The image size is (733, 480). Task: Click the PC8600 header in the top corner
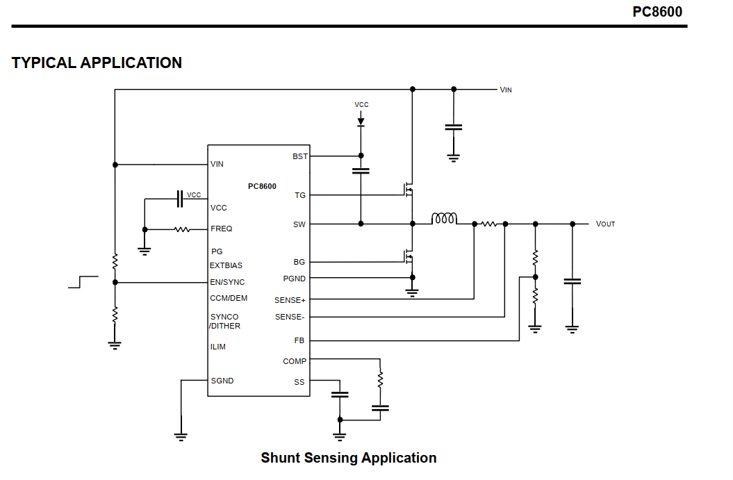(x=657, y=12)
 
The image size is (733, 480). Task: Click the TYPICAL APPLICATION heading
(x=97, y=63)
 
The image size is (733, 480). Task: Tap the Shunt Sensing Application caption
(x=348, y=458)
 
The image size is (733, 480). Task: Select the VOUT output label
(x=605, y=224)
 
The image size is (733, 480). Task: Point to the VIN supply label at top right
(x=506, y=90)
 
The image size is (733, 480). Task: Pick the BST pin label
(x=300, y=156)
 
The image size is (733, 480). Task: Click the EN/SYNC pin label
(x=227, y=282)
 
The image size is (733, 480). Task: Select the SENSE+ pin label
(x=290, y=301)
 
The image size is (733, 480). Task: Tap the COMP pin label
(x=295, y=361)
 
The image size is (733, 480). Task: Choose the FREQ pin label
(x=222, y=229)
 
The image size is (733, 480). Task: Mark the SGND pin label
(x=222, y=381)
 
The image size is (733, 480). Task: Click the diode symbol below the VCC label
(x=361, y=122)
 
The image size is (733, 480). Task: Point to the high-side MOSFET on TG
(x=408, y=188)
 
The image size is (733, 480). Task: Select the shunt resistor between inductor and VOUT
(x=490, y=224)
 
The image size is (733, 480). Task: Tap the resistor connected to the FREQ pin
(x=182, y=229)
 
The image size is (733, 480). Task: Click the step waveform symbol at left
(x=82, y=281)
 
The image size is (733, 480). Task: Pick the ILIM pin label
(x=218, y=347)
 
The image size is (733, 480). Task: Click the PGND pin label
(x=294, y=279)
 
